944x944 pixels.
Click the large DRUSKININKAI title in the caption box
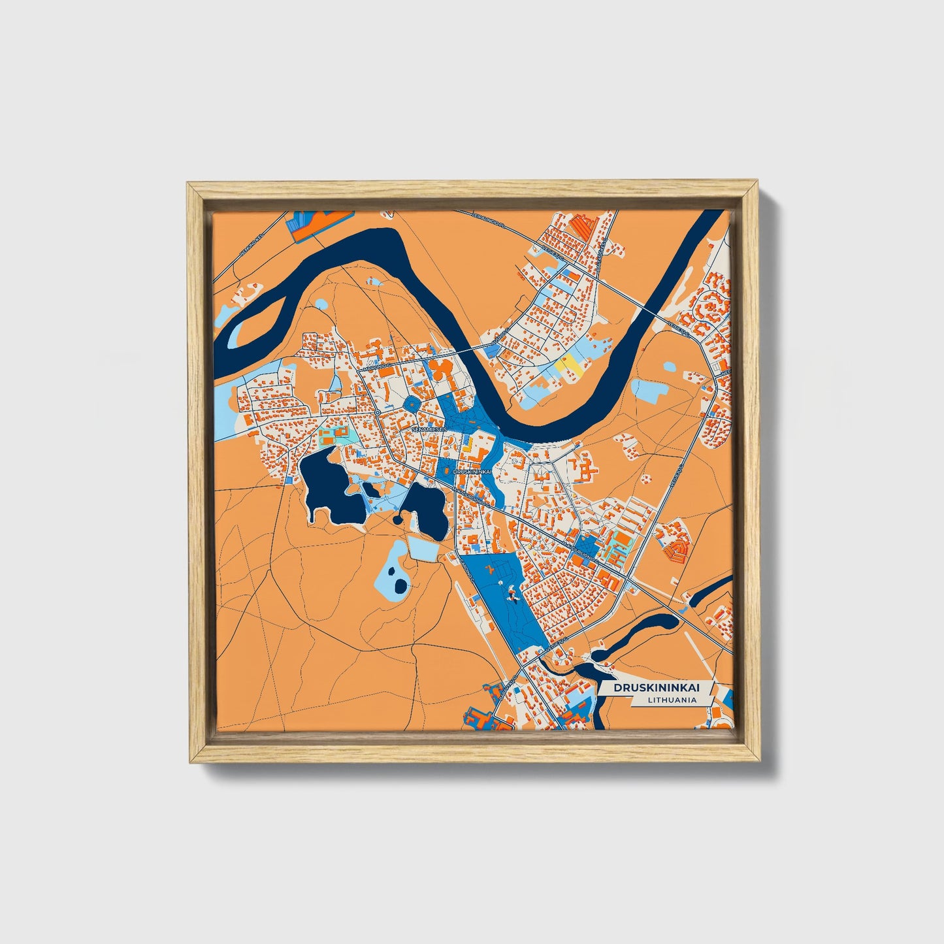[x=655, y=688]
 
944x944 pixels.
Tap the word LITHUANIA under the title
[x=672, y=700]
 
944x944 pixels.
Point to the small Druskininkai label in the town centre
[x=472, y=470]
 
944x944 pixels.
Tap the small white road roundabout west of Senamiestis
[x=378, y=414]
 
